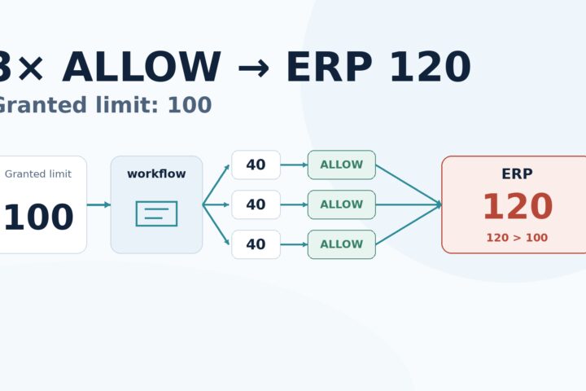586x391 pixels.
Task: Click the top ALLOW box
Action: (x=342, y=165)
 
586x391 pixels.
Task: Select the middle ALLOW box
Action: (x=342, y=204)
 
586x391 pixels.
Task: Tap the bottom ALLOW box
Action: (x=342, y=244)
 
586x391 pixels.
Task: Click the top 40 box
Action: (x=256, y=165)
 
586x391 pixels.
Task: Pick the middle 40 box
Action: (x=256, y=204)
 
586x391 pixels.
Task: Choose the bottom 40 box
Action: (x=256, y=244)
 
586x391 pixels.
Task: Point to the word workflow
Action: (x=156, y=174)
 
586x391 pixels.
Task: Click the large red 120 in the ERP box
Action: (x=518, y=207)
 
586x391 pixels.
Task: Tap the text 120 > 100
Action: (x=518, y=238)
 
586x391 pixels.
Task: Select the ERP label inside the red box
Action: (x=518, y=174)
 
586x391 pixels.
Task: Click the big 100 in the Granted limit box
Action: (x=38, y=217)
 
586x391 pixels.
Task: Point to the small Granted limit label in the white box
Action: (x=38, y=174)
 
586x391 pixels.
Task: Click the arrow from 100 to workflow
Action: (x=98, y=204)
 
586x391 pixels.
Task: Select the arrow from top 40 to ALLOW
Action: (x=294, y=165)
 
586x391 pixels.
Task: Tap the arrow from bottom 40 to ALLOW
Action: (x=294, y=244)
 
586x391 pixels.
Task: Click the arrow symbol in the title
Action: (x=253, y=68)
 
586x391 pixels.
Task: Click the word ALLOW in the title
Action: (x=142, y=68)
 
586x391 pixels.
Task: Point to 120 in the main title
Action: (x=431, y=68)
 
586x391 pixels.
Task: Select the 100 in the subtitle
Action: (x=190, y=105)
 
